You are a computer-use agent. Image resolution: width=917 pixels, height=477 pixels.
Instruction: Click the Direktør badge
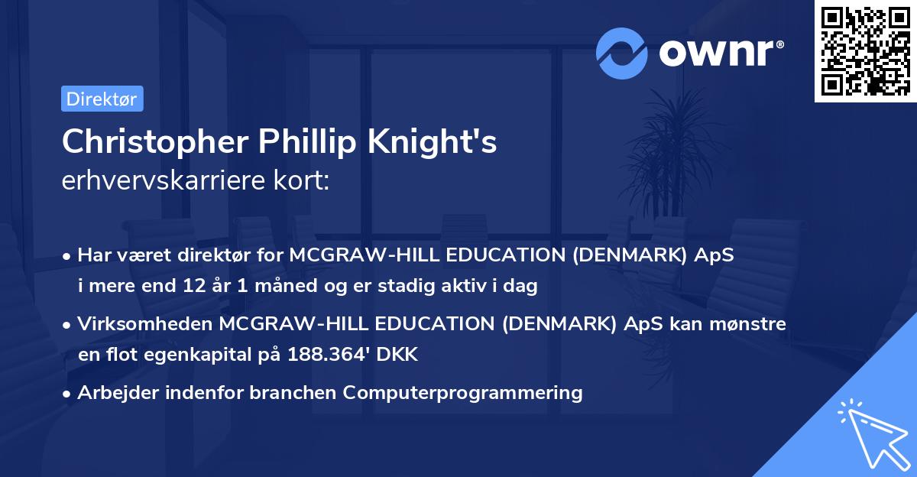coord(102,99)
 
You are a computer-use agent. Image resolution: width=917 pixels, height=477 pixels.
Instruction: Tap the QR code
coord(866,50)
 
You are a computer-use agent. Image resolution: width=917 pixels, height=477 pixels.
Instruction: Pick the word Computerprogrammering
coord(463,393)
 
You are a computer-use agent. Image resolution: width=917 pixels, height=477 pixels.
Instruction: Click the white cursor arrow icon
coord(871,435)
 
